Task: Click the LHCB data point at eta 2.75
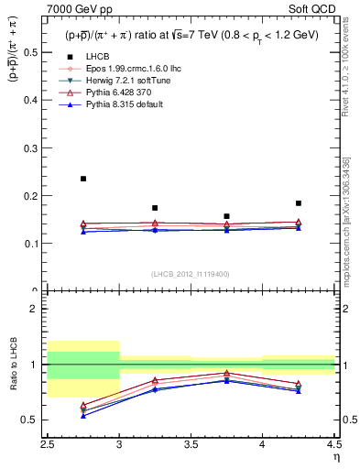83,179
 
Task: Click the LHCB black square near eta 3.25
155,208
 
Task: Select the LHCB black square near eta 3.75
226,216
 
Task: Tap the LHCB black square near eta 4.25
299,203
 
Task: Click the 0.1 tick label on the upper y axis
36,244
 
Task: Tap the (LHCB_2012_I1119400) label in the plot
191,273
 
